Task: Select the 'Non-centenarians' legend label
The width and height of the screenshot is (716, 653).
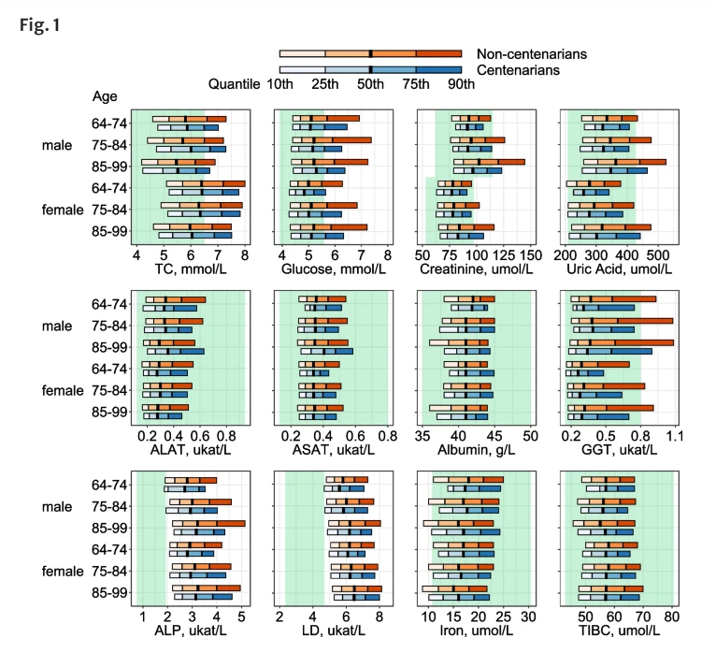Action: tap(532, 54)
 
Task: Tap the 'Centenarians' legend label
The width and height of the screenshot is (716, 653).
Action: tap(519, 70)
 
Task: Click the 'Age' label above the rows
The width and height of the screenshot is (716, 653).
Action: tap(105, 96)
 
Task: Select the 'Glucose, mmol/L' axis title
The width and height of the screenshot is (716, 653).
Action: tap(333, 271)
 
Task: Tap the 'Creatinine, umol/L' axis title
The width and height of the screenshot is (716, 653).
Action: tap(476, 271)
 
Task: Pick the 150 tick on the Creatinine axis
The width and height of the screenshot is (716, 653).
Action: tap(531, 254)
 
